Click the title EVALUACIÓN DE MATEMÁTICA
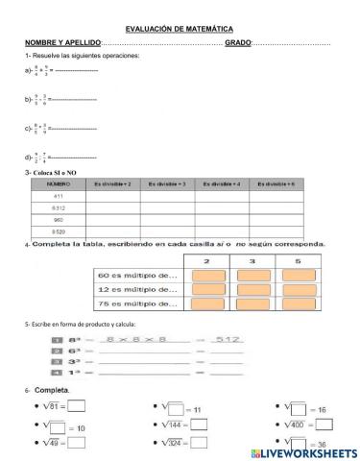click(179, 30)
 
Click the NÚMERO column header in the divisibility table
click(59, 181)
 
